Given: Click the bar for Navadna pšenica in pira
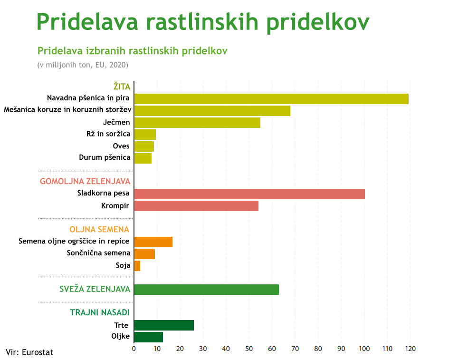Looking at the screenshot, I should tap(271, 98).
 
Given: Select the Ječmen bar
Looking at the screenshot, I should tap(197, 122).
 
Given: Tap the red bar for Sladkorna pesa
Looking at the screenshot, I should tap(249, 194).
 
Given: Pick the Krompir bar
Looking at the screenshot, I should tap(196, 205).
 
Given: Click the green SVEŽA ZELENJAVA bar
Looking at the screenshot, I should tap(206, 289).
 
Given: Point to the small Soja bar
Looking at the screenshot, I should tap(137, 265).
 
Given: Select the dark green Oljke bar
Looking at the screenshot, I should tap(149, 337).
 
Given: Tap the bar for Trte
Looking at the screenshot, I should tap(164, 325).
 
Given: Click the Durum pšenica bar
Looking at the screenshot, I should tap(143, 158).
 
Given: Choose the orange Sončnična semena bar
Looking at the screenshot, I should tap(144, 253).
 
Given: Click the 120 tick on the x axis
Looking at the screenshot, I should tap(410, 349).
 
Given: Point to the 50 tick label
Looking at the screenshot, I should tap(249, 349).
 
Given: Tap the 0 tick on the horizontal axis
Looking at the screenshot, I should tap(134, 349).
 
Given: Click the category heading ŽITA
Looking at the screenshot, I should tap(122, 87).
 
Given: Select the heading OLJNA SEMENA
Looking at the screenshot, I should tap(99, 230).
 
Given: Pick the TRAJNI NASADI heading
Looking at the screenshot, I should tap(100, 313).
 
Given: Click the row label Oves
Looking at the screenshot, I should tap(121, 146).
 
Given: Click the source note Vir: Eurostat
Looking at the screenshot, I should tap(29, 352).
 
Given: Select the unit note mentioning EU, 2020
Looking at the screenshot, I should tap(83, 65).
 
